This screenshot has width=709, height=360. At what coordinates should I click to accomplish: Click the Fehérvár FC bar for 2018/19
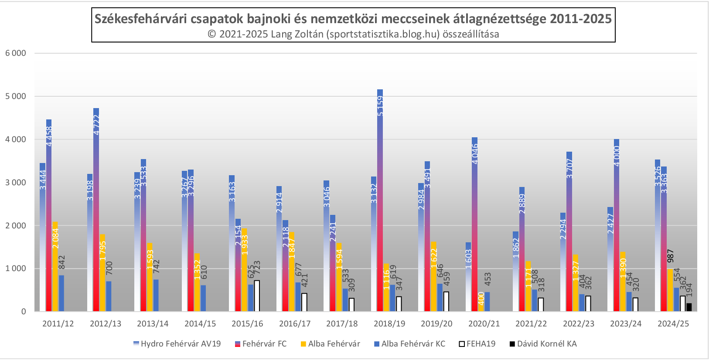[x=380, y=200]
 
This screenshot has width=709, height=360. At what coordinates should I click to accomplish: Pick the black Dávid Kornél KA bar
[x=689, y=307]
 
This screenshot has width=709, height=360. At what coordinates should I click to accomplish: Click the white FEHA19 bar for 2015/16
[x=257, y=296]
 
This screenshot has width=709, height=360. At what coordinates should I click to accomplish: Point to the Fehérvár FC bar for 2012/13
[x=96, y=210]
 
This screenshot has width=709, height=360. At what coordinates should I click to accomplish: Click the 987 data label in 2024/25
[x=671, y=256]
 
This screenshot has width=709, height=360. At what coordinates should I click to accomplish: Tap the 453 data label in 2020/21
[x=488, y=279]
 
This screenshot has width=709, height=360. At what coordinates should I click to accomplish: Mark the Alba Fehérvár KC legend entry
[x=409, y=344]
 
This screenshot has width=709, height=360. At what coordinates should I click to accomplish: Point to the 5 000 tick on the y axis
[x=16, y=96]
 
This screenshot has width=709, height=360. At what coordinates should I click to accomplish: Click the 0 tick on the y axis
[x=24, y=312]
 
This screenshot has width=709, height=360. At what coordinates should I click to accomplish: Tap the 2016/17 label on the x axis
[x=295, y=324]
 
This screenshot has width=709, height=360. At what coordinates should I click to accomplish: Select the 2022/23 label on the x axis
[x=579, y=324]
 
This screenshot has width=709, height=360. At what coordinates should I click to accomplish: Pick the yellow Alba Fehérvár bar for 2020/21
[x=481, y=302]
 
